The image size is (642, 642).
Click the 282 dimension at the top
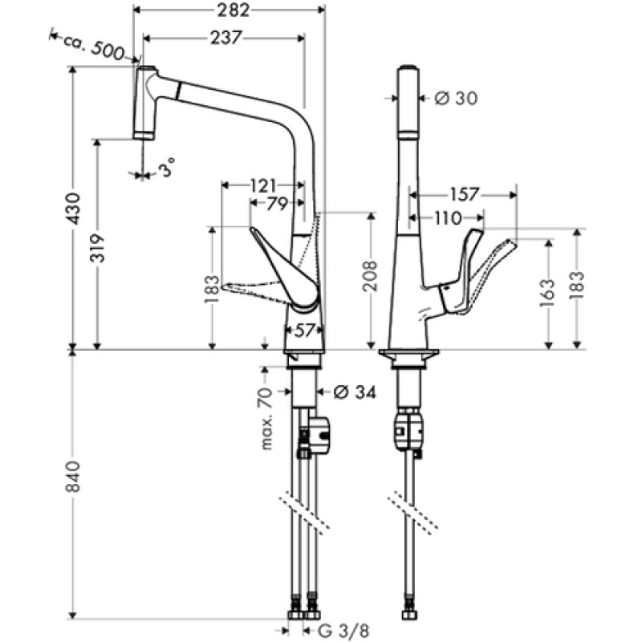(x=233, y=10)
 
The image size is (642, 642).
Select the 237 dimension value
(x=226, y=38)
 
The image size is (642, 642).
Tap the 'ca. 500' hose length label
(x=94, y=47)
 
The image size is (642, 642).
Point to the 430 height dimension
(x=74, y=208)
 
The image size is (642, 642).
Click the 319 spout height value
(x=98, y=248)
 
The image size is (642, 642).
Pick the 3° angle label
(x=166, y=167)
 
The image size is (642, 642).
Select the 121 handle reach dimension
(x=262, y=186)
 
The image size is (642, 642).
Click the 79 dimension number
(x=277, y=203)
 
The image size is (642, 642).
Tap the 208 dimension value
(x=371, y=275)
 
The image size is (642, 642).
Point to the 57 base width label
(x=304, y=330)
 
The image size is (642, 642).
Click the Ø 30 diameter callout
(x=456, y=98)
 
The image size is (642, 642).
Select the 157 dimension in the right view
(x=464, y=194)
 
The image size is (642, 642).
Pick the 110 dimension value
(x=448, y=218)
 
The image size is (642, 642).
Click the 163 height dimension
(x=547, y=292)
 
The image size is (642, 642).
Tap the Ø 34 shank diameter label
(x=355, y=392)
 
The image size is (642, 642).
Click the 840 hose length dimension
(x=74, y=477)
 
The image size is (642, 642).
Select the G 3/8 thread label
(x=343, y=631)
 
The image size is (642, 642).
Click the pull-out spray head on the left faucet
(x=145, y=103)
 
